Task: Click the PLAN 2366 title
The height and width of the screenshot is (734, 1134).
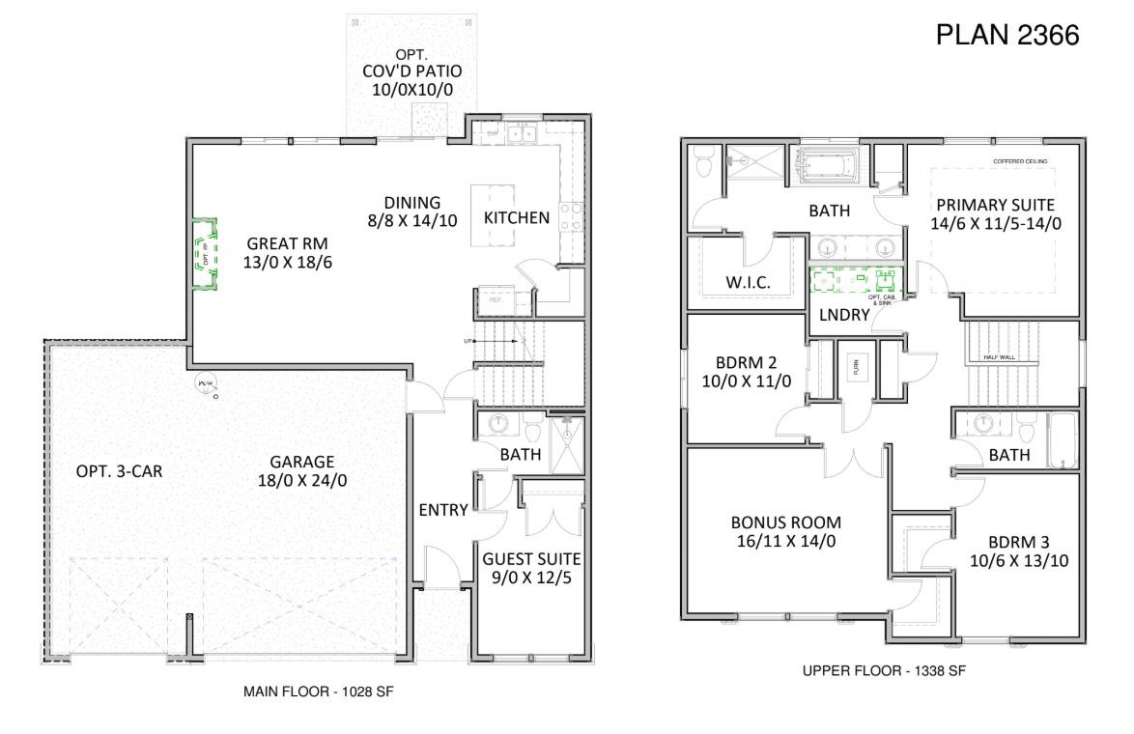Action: (1007, 36)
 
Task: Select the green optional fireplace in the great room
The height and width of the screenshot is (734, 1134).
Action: (204, 253)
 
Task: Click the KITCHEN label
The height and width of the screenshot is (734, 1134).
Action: (517, 217)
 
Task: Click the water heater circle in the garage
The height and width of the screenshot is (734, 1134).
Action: (205, 382)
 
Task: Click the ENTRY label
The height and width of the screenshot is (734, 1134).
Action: (442, 510)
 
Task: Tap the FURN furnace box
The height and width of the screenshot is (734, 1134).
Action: (854, 367)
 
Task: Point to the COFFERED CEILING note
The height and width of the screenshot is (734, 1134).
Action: (1020, 161)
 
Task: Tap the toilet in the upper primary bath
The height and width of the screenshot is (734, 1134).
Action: (703, 165)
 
